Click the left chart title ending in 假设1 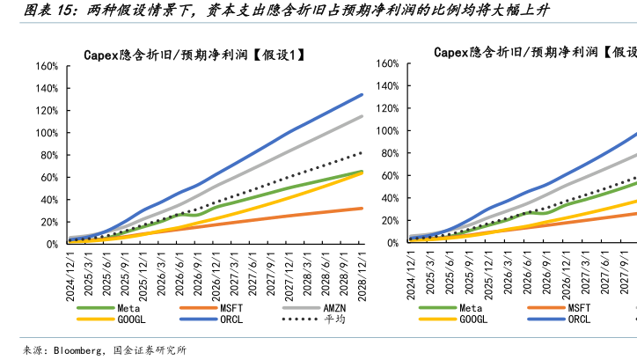pyautogui.click(x=194, y=54)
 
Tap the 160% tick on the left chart pyautogui.click(x=47, y=67)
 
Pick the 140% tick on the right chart pyautogui.click(x=390, y=85)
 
